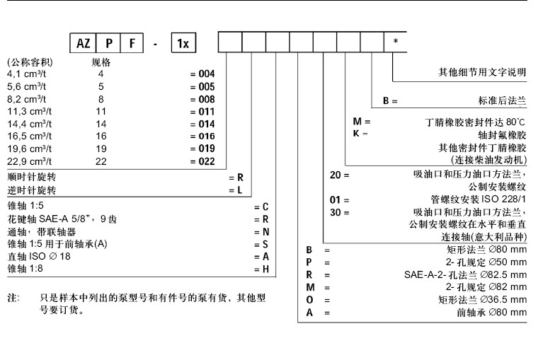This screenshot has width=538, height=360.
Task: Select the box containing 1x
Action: click(x=183, y=43)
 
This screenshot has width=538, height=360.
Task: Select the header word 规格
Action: click(x=101, y=62)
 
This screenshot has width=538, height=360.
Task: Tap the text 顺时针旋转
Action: click(x=31, y=177)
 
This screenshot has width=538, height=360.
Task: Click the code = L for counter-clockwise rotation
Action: click(x=236, y=190)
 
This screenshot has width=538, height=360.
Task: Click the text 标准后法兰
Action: click(x=503, y=101)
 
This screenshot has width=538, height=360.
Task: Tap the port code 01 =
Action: click(x=340, y=200)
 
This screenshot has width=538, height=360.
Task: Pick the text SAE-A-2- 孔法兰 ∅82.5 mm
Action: click(x=466, y=274)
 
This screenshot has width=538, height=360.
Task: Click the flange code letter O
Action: click(x=309, y=300)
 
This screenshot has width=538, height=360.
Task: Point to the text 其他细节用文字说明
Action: click(x=483, y=72)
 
